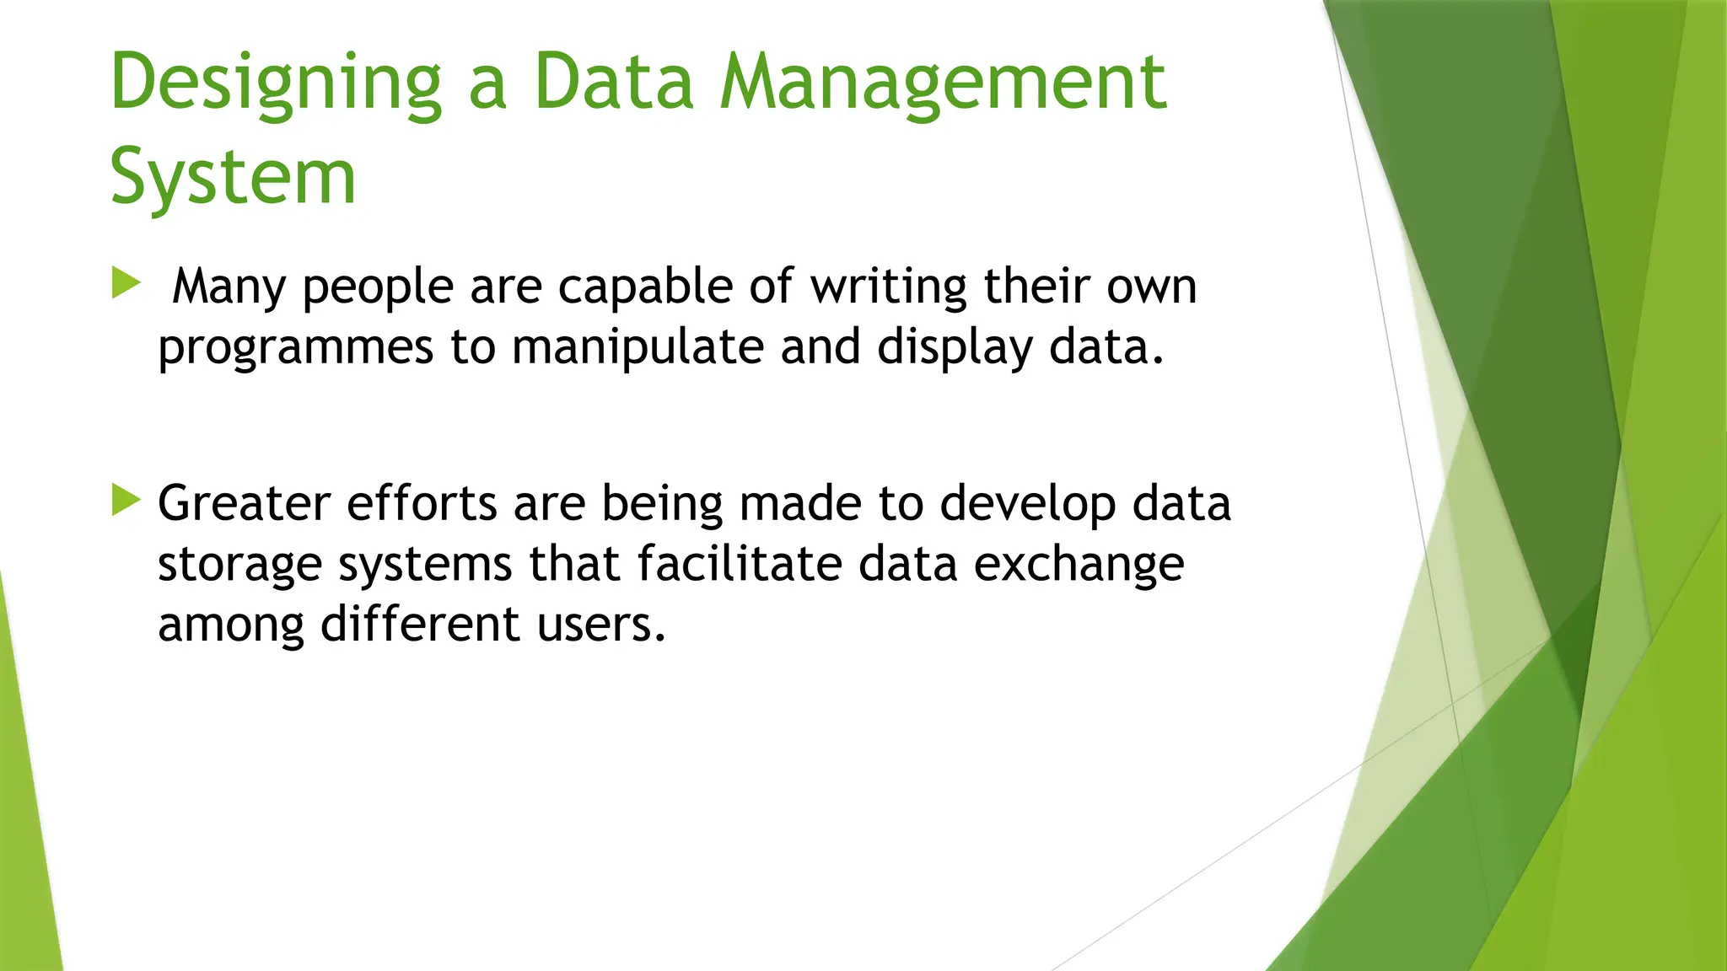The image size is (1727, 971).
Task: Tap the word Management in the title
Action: pos(943,82)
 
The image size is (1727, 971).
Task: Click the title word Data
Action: pos(613,82)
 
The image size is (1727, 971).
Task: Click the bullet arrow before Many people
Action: pos(125,283)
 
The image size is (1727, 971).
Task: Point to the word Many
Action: pos(229,287)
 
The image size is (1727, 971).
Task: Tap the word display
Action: pos(955,348)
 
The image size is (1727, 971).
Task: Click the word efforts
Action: pos(422,504)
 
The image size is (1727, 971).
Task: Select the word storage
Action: pos(239,565)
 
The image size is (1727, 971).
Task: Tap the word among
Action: pos(230,625)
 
